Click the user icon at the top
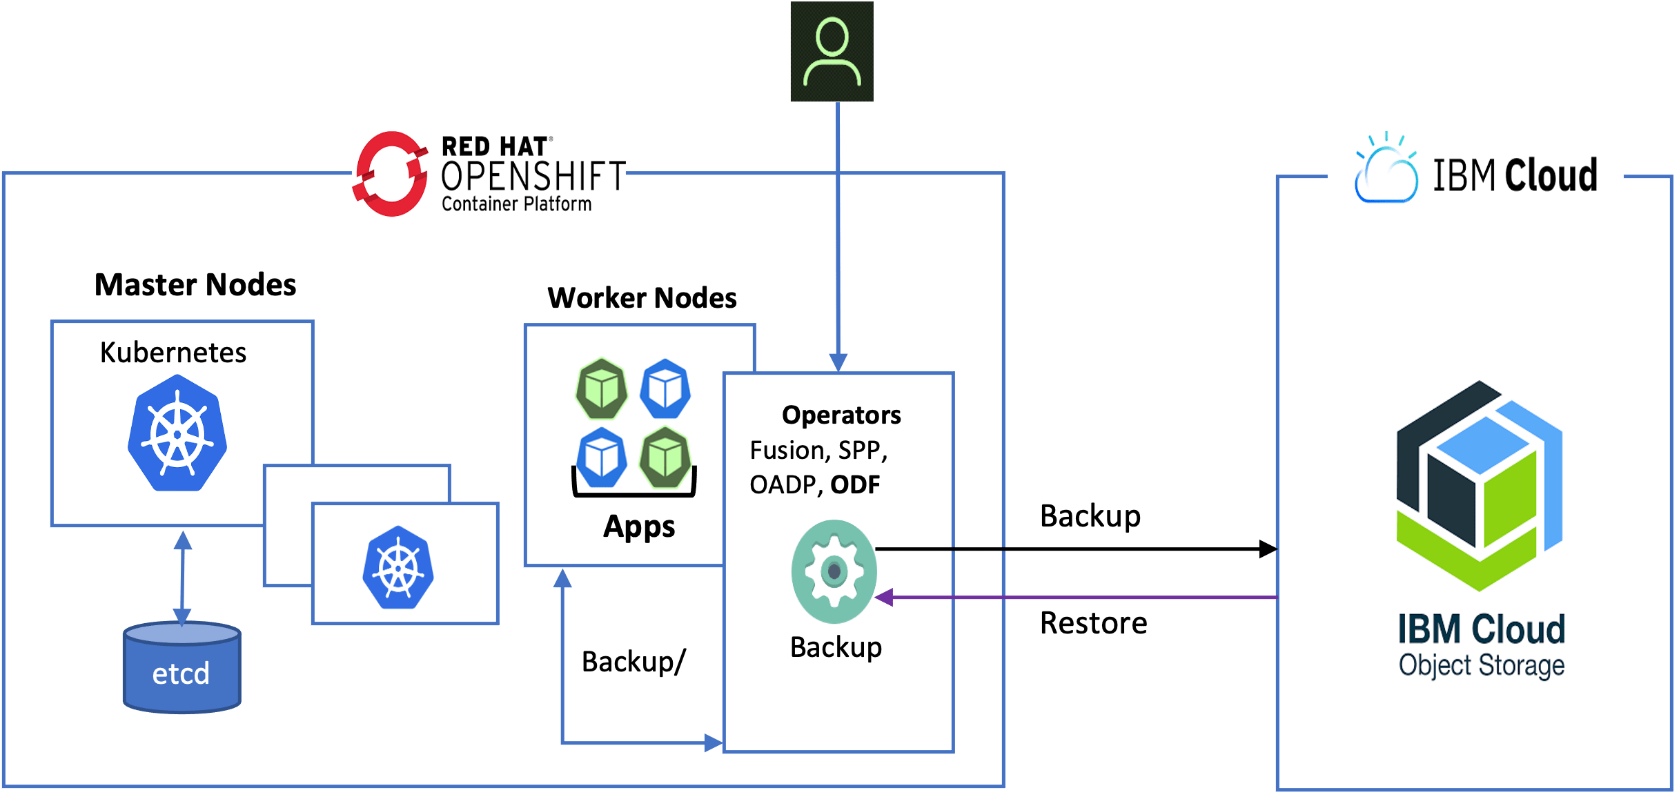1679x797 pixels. (832, 52)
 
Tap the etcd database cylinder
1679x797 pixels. (181, 668)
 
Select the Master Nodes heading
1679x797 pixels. (195, 285)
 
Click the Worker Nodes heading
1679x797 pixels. (642, 298)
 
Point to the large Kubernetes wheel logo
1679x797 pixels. (177, 433)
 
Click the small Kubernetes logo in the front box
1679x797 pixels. (398, 568)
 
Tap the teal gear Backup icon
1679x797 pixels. (834, 571)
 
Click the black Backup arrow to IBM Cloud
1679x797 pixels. (1077, 549)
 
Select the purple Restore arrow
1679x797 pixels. (1077, 597)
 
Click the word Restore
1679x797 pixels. (1093, 623)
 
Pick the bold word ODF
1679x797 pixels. (855, 485)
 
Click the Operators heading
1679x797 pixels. (841, 415)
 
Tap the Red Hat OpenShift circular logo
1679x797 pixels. (391, 174)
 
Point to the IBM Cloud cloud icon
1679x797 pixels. (1386, 171)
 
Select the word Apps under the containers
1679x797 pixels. (639, 527)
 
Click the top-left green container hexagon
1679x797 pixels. (602, 389)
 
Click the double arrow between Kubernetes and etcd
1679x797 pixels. (182, 578)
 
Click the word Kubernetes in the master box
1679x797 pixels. (173, 353)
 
